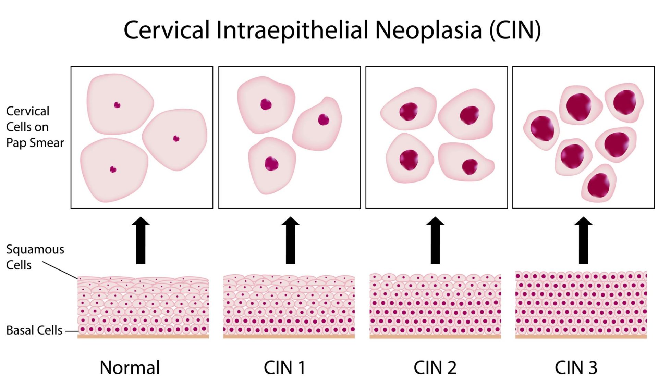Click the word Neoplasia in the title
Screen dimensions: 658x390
[x=428, y=30]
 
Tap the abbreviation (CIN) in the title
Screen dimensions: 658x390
[x=515, y=30]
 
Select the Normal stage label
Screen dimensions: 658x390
[x=130, y=367]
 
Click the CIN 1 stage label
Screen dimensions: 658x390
[x=284, y=367]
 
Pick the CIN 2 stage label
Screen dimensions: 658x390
[x=435, y=367]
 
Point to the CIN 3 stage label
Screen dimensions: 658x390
[x=576, y=367]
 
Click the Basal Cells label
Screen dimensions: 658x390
[x=34, y=330]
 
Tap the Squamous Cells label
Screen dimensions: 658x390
[x=35, y=257]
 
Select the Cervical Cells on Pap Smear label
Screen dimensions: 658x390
[x=35, y=127]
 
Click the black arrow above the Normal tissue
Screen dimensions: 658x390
[x=141, y=240]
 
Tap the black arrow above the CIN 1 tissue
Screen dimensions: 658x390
[x=290, y=240]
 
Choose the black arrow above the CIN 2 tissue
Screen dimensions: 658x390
[x=435, y=240]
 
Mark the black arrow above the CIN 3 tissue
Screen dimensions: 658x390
[x=583, y=240]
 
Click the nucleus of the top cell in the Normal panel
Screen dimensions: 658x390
[x=117, y=105]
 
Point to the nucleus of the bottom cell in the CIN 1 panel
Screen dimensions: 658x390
[x=271, y=164]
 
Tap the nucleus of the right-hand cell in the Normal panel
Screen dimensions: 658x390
[x=176, y=138]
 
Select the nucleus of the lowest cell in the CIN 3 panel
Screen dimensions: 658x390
[x=598, y=185]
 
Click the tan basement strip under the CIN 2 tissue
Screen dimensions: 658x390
[x=435, y=337]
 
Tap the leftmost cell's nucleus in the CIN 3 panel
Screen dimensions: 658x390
[x=542, y=129]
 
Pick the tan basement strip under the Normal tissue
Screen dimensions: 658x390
[x=143, y=337]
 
